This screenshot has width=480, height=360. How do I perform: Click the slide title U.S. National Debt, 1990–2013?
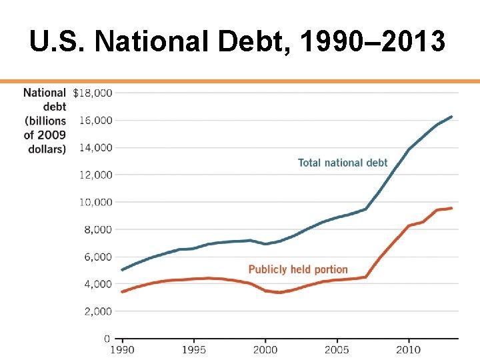tap(237, 42)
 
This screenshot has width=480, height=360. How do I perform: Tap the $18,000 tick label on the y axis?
tap(92, 93)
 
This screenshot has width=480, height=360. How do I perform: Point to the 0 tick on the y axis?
tap(107, 339)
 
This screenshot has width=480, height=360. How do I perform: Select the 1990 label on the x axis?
tap(121, 349)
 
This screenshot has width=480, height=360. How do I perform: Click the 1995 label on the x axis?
tap(193, 349)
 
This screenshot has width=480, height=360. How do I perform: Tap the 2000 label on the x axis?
tap(265, 349)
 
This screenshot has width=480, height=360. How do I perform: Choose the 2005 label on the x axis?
tap(337, 349)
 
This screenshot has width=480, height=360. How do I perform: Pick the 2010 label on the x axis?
tap(409, 349)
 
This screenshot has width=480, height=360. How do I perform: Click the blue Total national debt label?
tap(343, 163)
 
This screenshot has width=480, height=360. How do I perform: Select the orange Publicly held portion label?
tap(298, 269)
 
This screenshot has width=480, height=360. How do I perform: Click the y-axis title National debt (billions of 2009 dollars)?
tap(45, 121)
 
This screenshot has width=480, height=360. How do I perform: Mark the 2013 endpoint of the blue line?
tap(451, 117)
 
